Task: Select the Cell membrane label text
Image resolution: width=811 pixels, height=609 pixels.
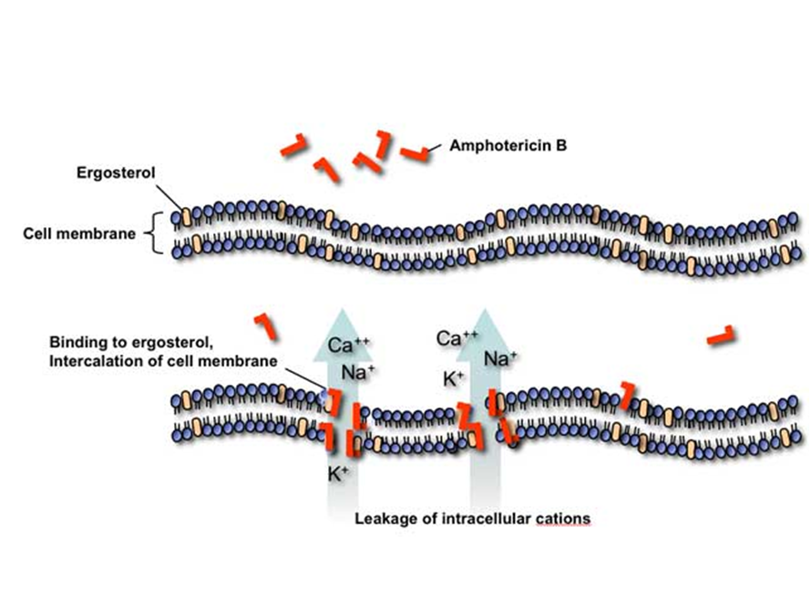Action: click(x=79, y=232)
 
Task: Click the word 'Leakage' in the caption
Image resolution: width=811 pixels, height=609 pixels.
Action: click(x=382, y=519)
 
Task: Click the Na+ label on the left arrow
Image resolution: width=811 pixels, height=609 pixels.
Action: click(x=359, y=371)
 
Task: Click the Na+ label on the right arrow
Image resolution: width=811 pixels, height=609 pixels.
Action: click(x=501, y=357)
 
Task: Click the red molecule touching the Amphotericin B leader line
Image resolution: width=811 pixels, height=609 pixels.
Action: click(x=414, y=153)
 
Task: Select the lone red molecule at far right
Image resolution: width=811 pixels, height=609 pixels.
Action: click(x=722, y=335)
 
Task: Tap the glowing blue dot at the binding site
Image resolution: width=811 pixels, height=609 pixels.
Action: click(x=323, y=395)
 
